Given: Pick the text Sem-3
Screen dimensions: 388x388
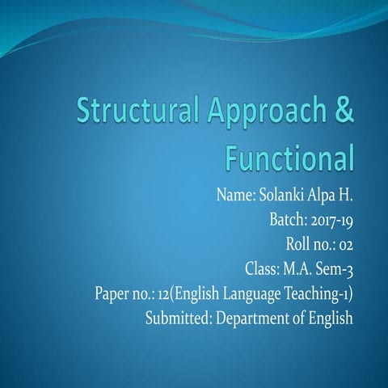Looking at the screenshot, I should click(335, 268).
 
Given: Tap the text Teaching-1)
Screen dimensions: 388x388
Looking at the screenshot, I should click(316, 293).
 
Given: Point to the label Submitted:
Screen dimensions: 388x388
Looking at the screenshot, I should click(177, 318).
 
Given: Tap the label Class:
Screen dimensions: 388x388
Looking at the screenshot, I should click(261, 268).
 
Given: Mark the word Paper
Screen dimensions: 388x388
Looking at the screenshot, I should click(112, 293).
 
